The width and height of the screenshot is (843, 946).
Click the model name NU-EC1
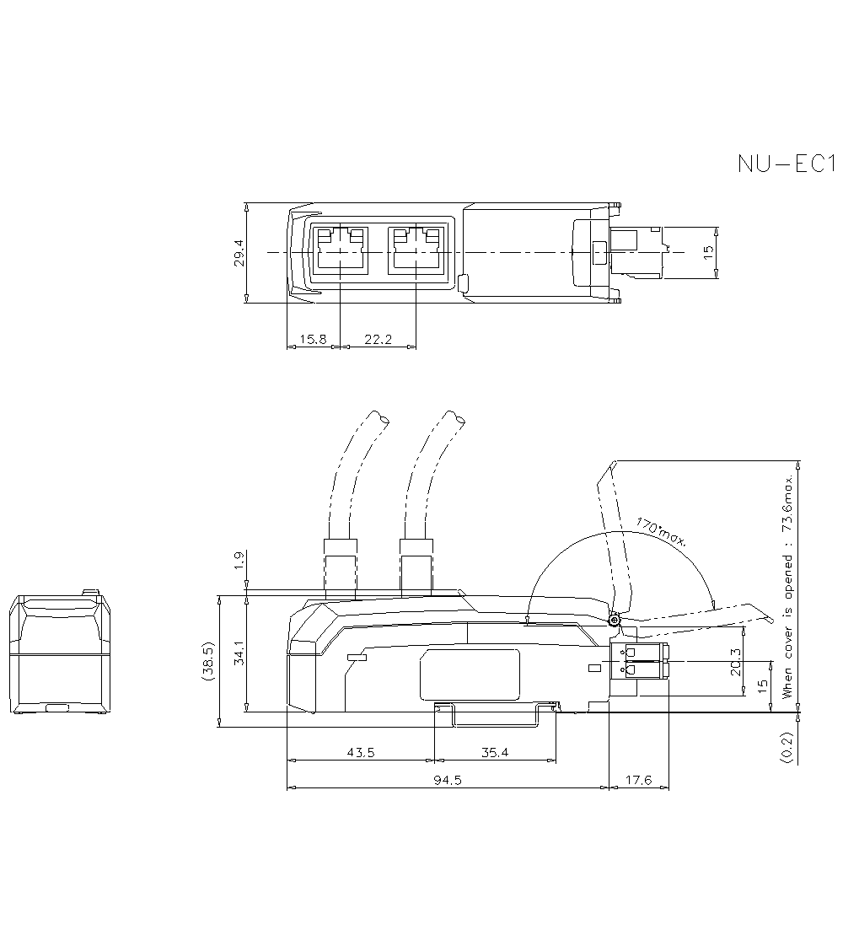coord(785,163)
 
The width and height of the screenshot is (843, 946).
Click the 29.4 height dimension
coord(239,253)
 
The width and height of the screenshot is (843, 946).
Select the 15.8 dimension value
coord(312,339)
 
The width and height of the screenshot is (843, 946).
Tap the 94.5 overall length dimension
coord(448,780)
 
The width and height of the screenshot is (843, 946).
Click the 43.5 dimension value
coord(360,753)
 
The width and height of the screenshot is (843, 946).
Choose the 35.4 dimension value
coord(495,753)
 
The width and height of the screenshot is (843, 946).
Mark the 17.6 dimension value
coord(640,780)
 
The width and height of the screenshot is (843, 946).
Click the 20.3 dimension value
coord(736,662)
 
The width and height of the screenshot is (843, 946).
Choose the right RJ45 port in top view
coord(416,250)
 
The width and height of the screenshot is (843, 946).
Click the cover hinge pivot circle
coord(614,621)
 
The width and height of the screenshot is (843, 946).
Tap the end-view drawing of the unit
coord(60,654)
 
